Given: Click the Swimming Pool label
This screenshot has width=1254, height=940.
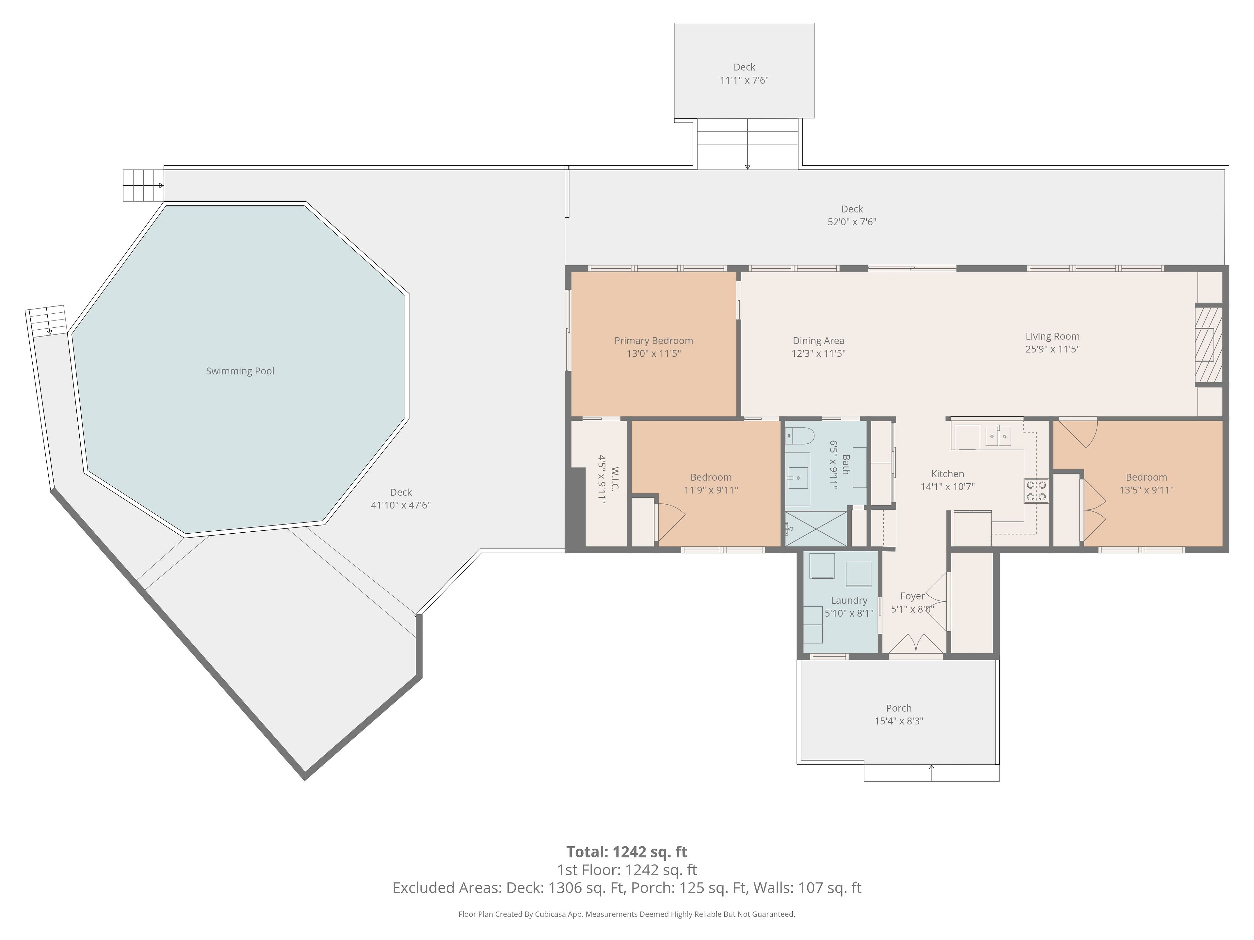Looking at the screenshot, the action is (240, 371).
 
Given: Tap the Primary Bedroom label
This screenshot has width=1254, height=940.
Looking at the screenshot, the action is (654, 340).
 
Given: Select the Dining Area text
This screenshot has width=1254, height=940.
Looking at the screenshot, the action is (818, 340).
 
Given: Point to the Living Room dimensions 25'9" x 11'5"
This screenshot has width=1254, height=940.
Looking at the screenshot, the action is (1052, 349).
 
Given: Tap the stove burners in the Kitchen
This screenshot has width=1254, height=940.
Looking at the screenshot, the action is (1036, 491).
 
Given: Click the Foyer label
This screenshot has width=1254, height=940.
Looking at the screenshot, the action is (912, 596).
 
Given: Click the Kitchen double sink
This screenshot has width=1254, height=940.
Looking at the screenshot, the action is (997, 436).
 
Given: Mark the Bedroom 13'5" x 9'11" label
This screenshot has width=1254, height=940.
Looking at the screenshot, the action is (1146, 483).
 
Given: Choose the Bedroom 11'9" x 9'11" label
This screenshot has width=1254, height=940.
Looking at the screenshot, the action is (711, 483).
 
